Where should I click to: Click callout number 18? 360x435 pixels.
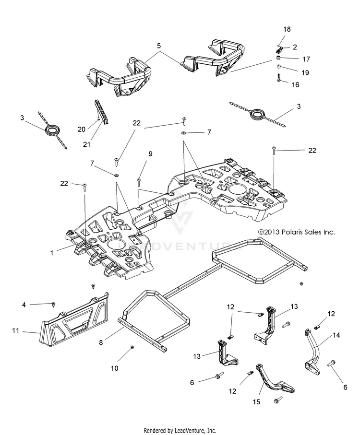(x=287, y=29)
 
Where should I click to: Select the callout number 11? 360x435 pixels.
(x=15, y=330)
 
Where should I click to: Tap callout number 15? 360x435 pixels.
(x=256, y=402)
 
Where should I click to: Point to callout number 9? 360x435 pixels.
(x=150, y=154)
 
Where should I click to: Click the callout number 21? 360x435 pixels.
(x=86, y=144)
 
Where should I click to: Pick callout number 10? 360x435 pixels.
(x=114, y=368)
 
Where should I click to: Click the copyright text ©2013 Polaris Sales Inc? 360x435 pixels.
(x=297, y=232)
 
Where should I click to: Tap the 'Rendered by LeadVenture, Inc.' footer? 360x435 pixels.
(x=180, y=430)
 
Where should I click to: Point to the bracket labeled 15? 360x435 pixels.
(x=274, y=380)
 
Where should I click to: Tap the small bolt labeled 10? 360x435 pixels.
(x=132, y=347)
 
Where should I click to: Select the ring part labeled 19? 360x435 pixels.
(x=277, y=67)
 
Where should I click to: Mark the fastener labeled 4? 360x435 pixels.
(x=54, y=305)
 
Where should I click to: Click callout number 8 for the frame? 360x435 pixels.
(x=101, y=342)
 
